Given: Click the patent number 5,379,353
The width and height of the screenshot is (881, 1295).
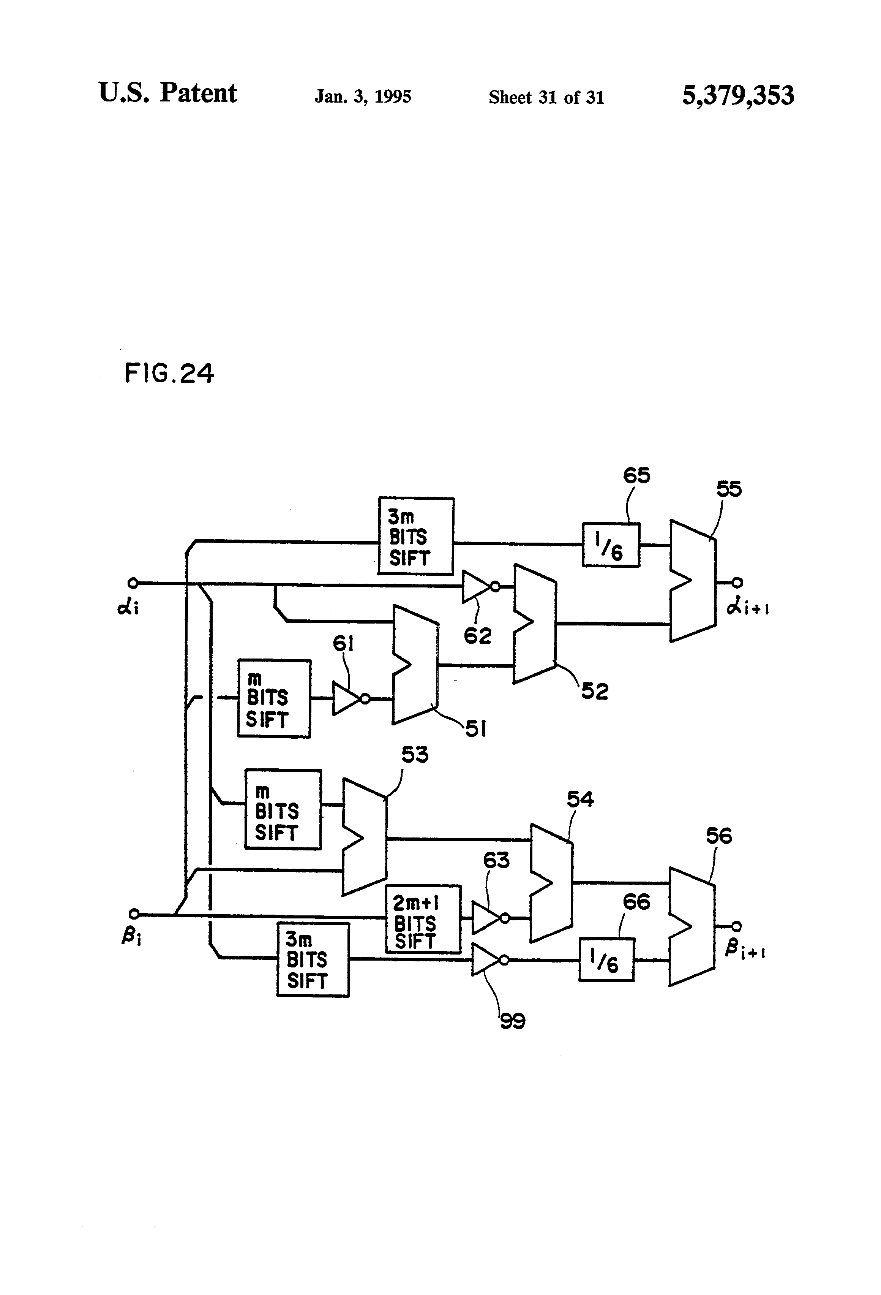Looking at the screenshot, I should point(738,95).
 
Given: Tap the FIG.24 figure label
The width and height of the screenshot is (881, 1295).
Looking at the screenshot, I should point(169,373).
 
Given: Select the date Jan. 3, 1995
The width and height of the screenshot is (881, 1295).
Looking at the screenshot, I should point(363,97).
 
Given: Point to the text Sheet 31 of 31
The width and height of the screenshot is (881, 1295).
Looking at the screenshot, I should point(546,98).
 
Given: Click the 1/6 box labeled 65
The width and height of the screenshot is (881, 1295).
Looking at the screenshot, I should point(610,545).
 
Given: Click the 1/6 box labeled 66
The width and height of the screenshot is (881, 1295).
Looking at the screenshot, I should point(606,959).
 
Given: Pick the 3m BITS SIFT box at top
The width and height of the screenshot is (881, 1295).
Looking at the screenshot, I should point(415,536).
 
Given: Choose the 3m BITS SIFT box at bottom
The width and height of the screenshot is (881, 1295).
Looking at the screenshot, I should point(313,959).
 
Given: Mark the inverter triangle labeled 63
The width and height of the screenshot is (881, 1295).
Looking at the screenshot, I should point(487,918).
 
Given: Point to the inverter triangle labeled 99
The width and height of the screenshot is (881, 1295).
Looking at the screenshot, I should point(486,959).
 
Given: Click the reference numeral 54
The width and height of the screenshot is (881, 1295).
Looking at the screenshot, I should point(580,799).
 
